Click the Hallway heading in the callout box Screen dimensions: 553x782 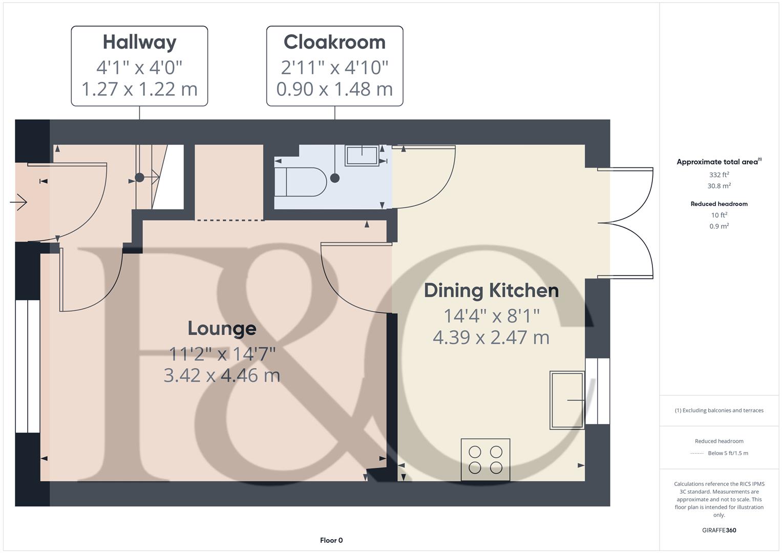tap(139, 42)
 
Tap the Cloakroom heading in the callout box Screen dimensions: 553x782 tap(334, 42)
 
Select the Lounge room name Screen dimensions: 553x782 tap(222, 328)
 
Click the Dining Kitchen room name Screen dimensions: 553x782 tap(491, 290)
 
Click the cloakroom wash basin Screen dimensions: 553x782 tap(362, 155)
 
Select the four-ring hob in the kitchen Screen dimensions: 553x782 tap(485, 459)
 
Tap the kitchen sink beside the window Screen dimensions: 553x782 tap(567, 400)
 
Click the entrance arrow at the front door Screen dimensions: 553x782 tap(19, 202)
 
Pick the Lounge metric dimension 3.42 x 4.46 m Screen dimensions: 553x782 tap(222, 375)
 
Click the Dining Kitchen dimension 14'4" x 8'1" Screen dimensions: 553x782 tap(491, 316)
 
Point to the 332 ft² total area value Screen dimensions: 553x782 tap(718, 175)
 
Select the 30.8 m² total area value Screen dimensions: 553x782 tap(718, 186)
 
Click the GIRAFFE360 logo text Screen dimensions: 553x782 tap(718, 530)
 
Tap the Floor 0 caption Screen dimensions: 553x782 tap(331, 540)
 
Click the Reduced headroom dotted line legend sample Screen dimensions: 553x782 tap(697, 453)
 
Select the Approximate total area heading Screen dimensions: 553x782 tap(718, 162)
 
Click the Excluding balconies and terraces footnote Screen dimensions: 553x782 tap(718, 410)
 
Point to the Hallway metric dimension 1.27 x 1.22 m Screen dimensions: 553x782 tap(139, 89)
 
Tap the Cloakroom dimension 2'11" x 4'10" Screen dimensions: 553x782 tap(334, 67)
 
